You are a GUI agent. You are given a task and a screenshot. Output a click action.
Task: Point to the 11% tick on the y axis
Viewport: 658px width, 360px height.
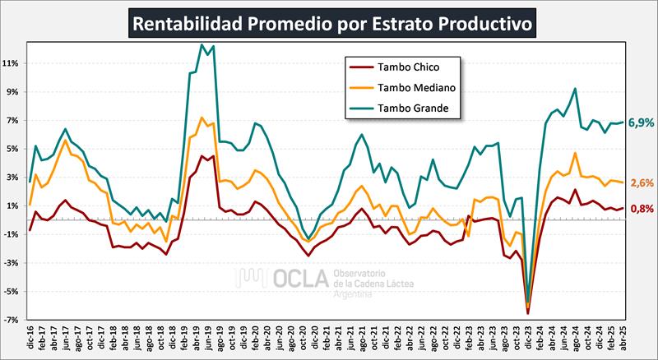12,63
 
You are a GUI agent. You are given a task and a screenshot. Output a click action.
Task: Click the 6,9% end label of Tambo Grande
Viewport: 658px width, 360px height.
641,122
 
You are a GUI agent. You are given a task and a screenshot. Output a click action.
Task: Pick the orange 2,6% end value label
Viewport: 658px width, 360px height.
642,183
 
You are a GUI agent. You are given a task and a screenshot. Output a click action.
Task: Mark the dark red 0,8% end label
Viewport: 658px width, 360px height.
642,209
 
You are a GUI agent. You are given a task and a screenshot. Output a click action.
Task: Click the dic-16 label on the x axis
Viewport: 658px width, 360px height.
30,337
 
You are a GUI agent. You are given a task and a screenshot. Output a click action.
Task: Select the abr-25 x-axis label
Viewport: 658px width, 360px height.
623,337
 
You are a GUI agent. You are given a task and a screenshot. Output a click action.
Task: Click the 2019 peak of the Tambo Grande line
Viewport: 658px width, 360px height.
202,44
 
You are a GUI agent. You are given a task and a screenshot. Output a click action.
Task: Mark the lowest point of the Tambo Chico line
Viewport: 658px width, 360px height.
528,313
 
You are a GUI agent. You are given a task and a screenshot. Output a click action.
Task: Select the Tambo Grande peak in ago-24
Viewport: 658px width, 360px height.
574,89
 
